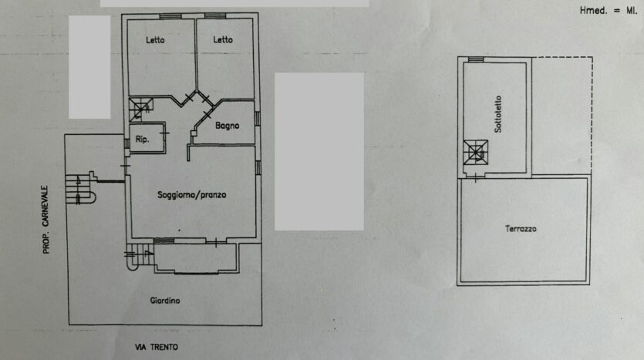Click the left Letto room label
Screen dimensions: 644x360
click(155, 40)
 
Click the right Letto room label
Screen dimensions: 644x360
click(223, 40)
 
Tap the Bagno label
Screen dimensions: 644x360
click(227, 126)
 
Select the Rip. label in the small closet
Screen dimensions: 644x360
click(142, 140)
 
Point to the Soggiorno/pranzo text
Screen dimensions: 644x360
click(192, 194)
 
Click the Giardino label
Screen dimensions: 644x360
click(165, 301)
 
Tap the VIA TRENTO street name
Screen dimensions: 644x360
click(157, 347)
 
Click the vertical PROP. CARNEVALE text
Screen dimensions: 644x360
click(46, 220)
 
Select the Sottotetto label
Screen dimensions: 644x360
click(497, 114)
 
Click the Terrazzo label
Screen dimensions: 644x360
click(521, 229)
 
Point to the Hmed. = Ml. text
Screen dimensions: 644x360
click(609, 11)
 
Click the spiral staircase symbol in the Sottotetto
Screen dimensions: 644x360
click(476, 153)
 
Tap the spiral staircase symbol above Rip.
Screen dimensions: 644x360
click(141, 109)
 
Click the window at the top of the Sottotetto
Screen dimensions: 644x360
click(476, 59)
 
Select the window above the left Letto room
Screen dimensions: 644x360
click(170, 16)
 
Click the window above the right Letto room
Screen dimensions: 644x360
click(215, 16)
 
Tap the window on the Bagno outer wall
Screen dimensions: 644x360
click(257, 119)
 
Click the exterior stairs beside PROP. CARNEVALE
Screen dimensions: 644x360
click(80, 189)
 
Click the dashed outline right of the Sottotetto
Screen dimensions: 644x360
click(592, 115)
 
